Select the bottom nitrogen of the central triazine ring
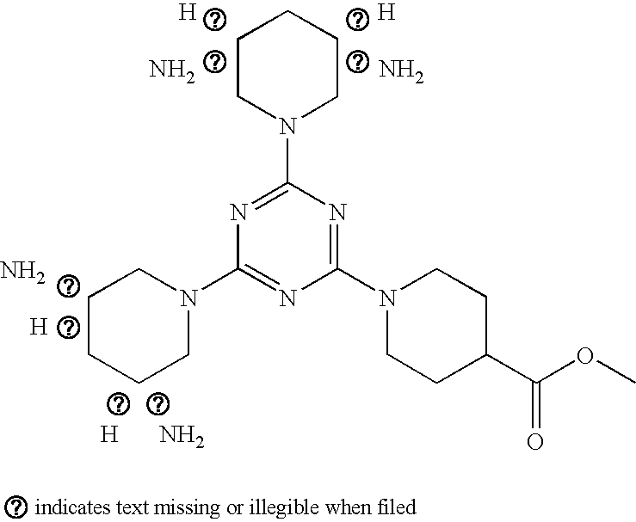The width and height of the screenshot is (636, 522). (287, 299)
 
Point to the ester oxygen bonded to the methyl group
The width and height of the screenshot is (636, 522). (585, 356)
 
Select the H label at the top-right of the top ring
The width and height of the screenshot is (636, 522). (387, 13)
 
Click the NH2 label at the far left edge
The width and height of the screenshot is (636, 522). (23, 273)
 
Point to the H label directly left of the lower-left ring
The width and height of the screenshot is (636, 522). (38, 327)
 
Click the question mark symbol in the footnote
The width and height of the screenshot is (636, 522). (16, 506)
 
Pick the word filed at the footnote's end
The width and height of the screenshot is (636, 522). (397, 506)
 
